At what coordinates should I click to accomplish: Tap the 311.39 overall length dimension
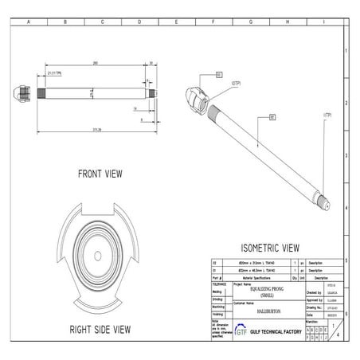point(96,130)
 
